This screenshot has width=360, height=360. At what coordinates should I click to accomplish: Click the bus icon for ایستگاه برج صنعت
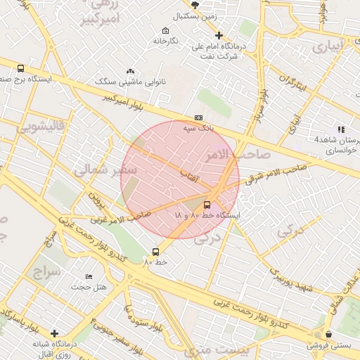(20, 69)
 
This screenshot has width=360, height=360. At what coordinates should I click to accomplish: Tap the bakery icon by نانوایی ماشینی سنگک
(130, 71)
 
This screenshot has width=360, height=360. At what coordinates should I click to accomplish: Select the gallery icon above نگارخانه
(165, 30)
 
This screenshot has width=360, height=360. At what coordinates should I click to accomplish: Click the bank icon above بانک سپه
(198, 118)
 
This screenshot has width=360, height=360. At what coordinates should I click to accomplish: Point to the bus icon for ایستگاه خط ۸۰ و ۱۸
(206, 205)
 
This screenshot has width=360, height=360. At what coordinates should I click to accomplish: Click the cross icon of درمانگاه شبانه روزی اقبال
(55, 333)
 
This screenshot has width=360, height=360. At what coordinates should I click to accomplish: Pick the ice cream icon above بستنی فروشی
(327, 335)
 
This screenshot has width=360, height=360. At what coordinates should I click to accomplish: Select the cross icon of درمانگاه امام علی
(219, 35)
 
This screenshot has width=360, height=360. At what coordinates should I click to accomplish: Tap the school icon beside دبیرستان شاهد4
(341, 129)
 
